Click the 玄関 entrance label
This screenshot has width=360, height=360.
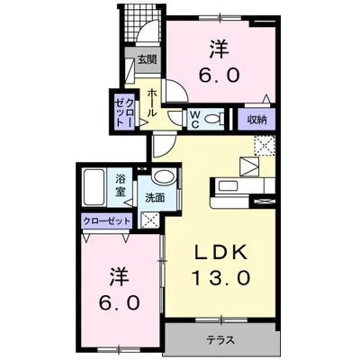(x=146, y=60)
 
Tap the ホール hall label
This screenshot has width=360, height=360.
(x=153, y=102)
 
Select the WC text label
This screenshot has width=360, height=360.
(x=194, y=117)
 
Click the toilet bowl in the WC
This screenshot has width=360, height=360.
(x=212, y=118)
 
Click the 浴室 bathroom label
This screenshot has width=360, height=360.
(x=120, y=184)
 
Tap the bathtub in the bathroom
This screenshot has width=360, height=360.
(x=95, y=190)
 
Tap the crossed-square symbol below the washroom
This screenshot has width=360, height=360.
(x=149, y=220)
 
